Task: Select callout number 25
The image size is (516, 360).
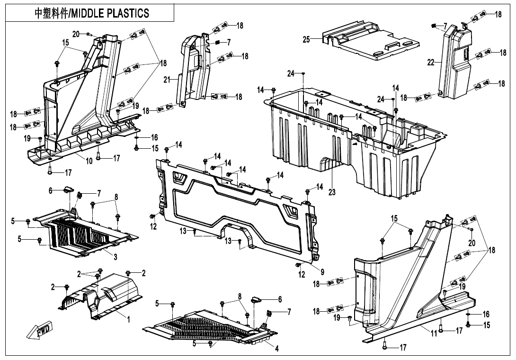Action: click(x=306, y=39)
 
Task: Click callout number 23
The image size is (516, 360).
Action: click(x=332, y=192)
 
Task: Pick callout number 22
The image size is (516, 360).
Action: click(x=431, y=62)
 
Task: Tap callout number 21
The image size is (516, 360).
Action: click(x=167, y=80)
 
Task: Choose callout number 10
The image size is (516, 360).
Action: click(x=89, y=161)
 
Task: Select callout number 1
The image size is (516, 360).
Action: click(x=128, y=319)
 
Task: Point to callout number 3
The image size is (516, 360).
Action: click(x=115, y=256)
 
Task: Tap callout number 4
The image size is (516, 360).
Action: click(x=277, y=349)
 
